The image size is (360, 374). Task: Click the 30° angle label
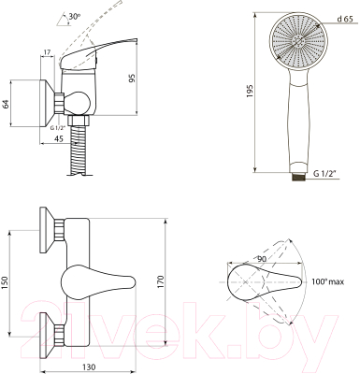(75, 17)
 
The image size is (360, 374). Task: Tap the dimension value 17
(47, 52)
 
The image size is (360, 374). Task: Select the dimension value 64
(6, 104)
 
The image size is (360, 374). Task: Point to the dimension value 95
(133, 78)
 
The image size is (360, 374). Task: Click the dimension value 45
(59, 139)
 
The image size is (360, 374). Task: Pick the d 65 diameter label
(345, 20)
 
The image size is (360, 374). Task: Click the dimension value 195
(250, 92)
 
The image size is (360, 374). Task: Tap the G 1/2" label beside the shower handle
(326, 174)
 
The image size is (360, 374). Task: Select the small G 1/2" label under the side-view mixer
(58, 128)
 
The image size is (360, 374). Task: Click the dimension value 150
(6, 283)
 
